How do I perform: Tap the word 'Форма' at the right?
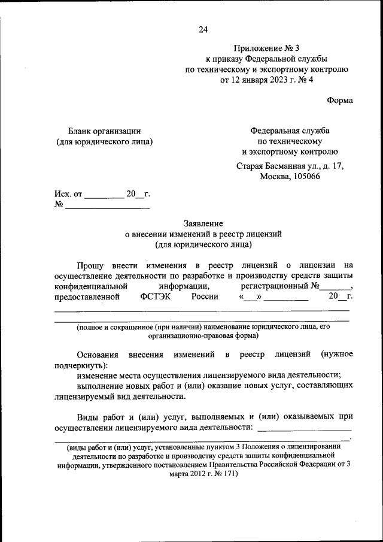(339, 100)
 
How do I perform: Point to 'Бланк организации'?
(105, 131)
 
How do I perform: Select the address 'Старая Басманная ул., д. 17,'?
(290, 166)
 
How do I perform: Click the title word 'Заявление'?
(203, 223)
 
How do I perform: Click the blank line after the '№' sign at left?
(107, 205)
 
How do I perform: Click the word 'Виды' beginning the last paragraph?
(88, 416)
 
